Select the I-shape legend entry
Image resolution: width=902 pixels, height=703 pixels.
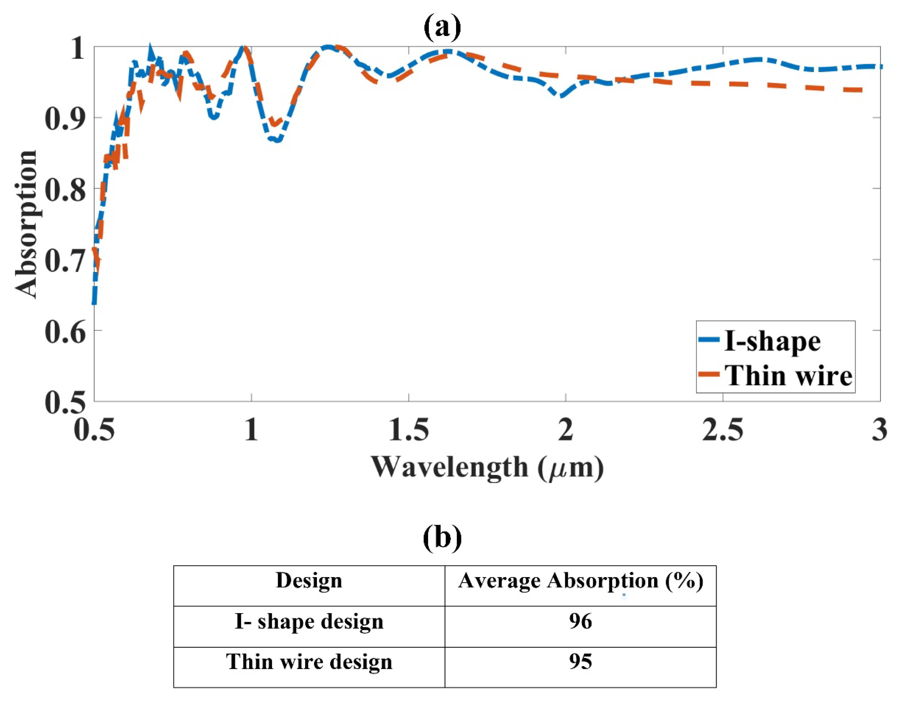[772, 341]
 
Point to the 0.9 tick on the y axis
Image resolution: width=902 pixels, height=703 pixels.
[65, 118]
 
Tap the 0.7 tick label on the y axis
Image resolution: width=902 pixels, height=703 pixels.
[65, 260]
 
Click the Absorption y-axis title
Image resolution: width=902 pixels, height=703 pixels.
[26, 224]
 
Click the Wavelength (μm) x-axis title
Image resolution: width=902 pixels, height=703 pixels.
[487, 467]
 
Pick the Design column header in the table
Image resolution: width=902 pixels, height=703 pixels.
[309, 581]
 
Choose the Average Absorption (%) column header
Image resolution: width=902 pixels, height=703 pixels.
[580, 581]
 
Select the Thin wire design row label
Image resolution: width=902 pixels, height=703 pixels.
[309, 662]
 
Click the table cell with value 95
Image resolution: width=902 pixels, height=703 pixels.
[580, 662]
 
